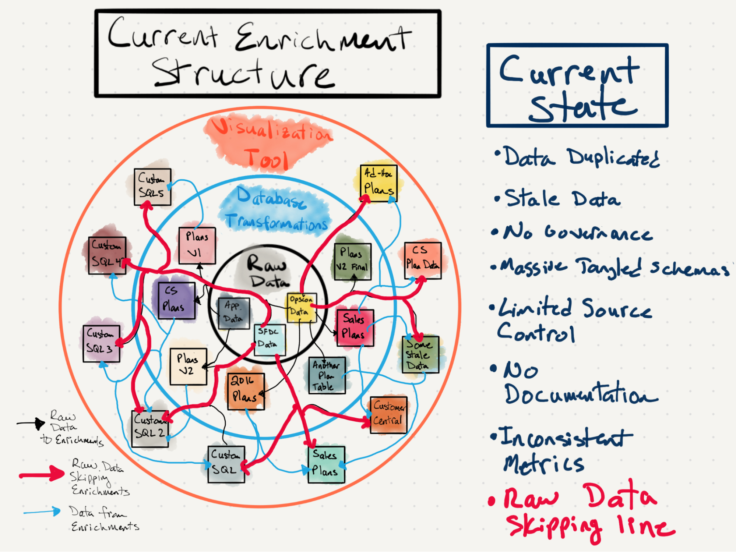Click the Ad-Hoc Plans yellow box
tap(378, 183)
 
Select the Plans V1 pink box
tap(197, 245)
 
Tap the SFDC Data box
tap(270, 339)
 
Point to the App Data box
tap(234, 313)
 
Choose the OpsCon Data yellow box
tap(301, 308)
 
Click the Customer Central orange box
tap(388, 415)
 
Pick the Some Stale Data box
tap(420, 354)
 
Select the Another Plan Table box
tap(326, 375)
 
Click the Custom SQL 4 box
tap(107, 255)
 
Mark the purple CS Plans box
tap(176, 300)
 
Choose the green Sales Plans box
tap(326, 464)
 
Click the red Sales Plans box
tap(355, 328)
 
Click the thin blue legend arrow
tap(42, 512)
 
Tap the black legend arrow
tap(31, 424)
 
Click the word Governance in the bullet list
tap(598, 233)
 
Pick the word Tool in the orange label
tap(267, 159)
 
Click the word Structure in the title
tap(243, 74)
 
